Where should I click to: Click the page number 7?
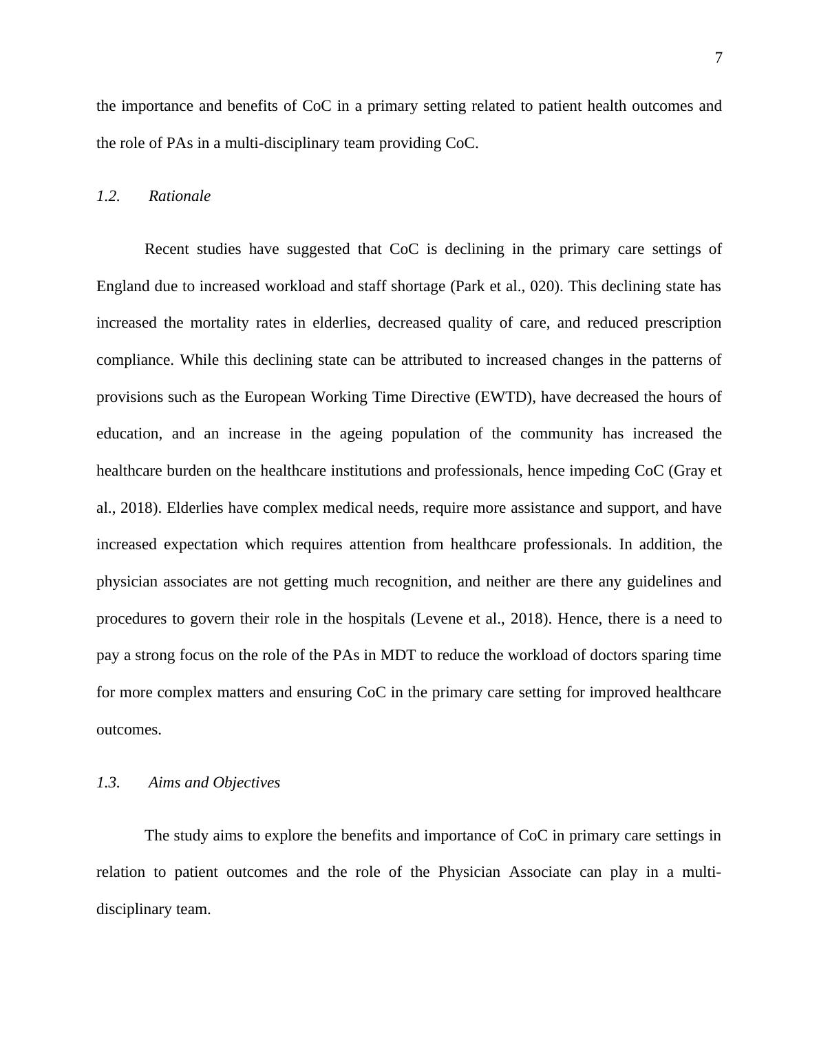(x=719, y=59)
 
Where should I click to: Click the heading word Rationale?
(x=180, y=196)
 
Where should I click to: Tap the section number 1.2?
(x=108, y=196)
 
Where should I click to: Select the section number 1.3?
(x=108, y=783)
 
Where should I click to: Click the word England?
(x=123, y=286)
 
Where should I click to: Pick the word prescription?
(x=683, y=323)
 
